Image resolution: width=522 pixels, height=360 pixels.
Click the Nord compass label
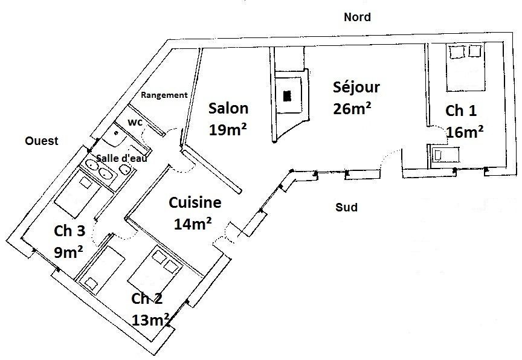point(357,17)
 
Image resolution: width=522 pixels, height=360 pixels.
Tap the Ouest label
point(42,141)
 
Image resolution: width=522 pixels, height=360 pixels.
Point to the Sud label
point(347,207)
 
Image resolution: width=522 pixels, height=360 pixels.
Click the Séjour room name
point(356,87)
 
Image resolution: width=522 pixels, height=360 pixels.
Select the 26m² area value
point(352,108)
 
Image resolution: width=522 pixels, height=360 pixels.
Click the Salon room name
point(228,109)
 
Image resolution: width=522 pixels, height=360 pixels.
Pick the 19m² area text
point(228,130)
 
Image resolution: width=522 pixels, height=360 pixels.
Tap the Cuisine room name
point(195,202)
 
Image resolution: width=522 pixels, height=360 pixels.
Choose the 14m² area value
point(193,224)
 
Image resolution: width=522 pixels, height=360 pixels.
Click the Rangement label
point(164,95)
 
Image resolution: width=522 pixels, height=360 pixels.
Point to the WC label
point(135,123)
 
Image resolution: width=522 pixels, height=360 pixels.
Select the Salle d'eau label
point(122,158)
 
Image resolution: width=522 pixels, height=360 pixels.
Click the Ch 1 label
point(461,111)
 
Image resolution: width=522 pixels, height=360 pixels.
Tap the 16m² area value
point(465,132)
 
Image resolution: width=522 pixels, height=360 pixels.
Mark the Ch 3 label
point(69,231)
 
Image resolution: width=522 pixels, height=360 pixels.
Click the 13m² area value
point(151,320)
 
